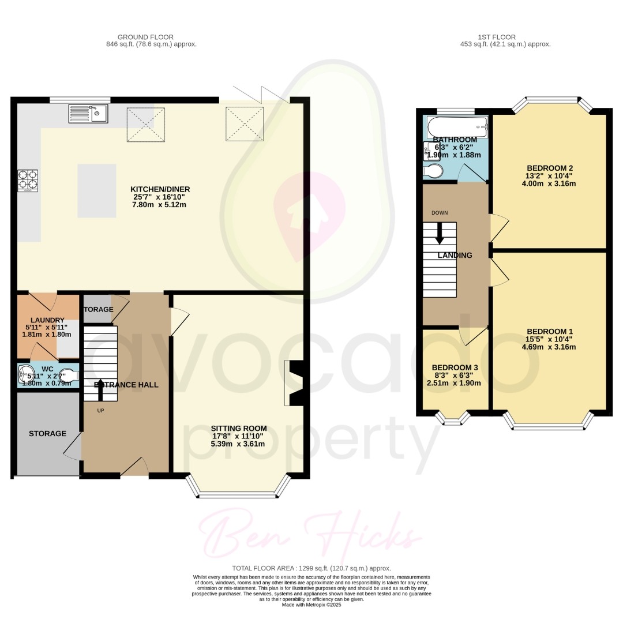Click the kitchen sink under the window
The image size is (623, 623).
pyautogui.click(x=88, y=114)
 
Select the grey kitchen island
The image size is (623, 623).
pyautogui.click(x=96, y=190)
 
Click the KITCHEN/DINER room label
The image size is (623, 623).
pyautogui.click(x=160, y=189)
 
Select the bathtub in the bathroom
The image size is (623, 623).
pyautogui.click(x=456, y=126)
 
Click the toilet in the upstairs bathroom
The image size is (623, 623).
pyautogui.click(x=433, y=170)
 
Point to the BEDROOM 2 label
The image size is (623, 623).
pyautogui.click(x=549, y=168)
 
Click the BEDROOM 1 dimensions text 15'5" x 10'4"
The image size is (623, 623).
pyautogui.click(x=549, y=339)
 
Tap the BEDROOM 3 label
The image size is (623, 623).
pyautogui.click(x=455, y=367)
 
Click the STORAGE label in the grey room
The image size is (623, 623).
pyautogui.click(x=47, y=433)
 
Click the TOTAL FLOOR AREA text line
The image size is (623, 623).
pyautogui.click(x=311, y=568)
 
